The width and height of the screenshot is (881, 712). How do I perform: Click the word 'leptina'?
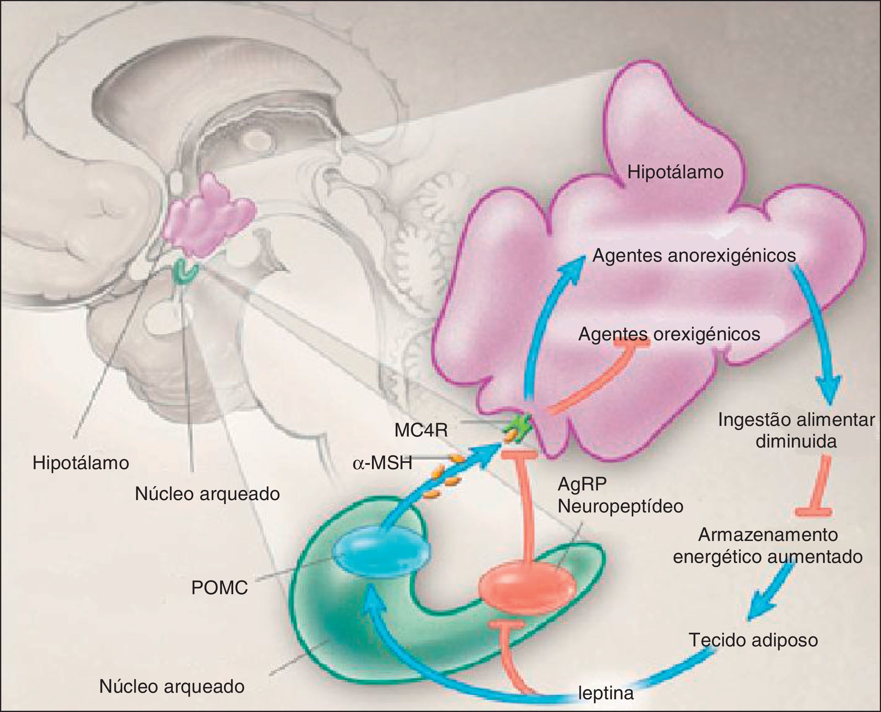coord(606,693)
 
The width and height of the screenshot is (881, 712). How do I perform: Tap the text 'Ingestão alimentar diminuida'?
coord(796,431)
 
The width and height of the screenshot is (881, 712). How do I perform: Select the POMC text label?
coord(219,588)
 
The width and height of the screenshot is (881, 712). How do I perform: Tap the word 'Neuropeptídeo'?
coord(620,506)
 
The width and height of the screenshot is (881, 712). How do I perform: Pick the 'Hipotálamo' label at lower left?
coord(81,463)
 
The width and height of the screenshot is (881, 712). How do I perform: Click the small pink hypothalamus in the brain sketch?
coord(209,217)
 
